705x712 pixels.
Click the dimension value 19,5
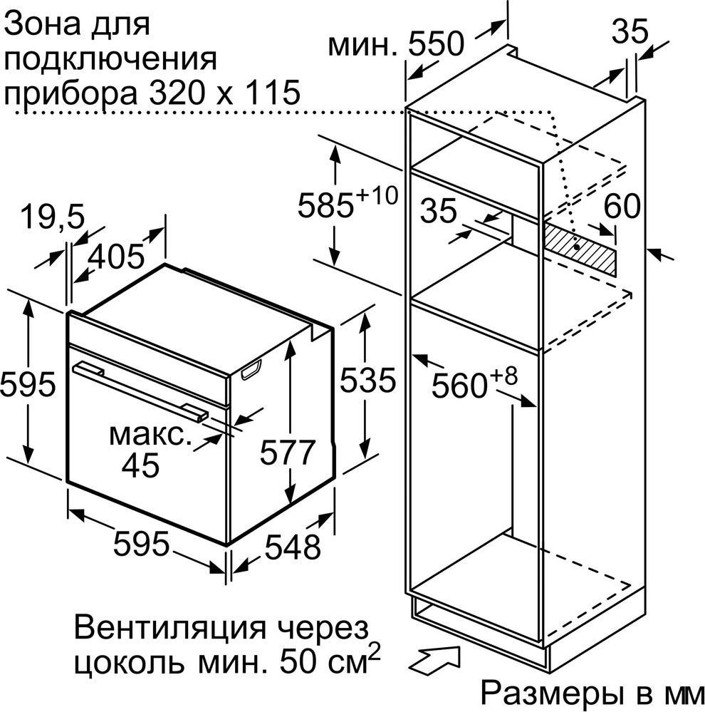pos(53,216)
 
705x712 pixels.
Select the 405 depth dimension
pos(116,257)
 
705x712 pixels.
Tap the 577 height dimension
pos(287,452)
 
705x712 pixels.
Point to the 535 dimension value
pos(368,380)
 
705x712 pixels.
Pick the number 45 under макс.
pos(140,465)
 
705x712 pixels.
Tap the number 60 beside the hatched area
pos(622,206)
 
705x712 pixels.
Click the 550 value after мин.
pos(437,44)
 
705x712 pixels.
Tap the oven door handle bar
pos(140,390)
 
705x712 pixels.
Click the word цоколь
pos(130,664)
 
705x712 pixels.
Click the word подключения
pos(110,61)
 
